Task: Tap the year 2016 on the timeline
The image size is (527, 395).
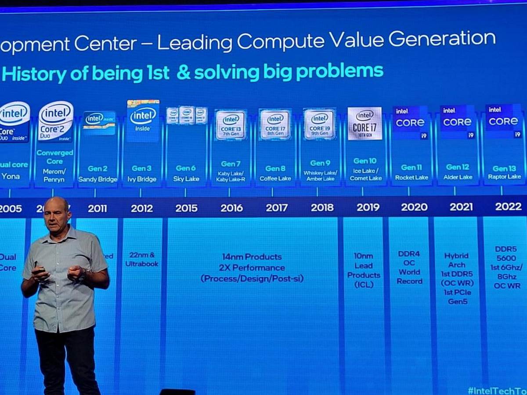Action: coord(231,208)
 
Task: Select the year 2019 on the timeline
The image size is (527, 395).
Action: coord(368,207)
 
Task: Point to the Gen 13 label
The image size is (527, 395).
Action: coord(504,169)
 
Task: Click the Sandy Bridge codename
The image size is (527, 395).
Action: coord(97,180)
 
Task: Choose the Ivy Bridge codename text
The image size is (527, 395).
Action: coord(141,179)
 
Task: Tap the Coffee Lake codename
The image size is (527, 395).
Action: coord(275,179)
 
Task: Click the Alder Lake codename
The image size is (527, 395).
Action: coord(458,177)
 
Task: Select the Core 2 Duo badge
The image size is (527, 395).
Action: coord(55,122)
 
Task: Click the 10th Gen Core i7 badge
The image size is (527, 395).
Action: coord(365,123)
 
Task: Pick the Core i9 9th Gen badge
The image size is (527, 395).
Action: coord(319,124)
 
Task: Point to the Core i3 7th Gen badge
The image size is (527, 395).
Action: coord(231,125)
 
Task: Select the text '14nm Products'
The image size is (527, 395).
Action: coord(251,257)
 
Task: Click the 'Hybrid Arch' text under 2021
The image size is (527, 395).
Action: coord(457,260)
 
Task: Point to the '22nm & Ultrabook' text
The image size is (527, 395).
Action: coord(142,259)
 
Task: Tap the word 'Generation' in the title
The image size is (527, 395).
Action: coord(442,39)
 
